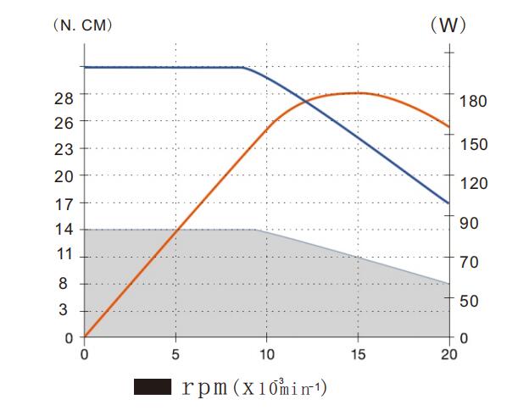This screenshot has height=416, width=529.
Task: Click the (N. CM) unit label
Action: point(82,25)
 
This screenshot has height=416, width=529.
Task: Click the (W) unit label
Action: point(448,25)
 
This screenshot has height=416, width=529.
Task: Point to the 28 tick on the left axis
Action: point(64,97)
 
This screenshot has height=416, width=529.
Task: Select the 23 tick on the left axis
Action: point(64,149)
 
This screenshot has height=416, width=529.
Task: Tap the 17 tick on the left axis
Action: point(64,203)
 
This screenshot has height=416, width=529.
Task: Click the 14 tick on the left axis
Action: point(64,230)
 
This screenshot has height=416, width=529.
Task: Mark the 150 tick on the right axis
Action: point(473,145)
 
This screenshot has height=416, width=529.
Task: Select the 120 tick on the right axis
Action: point(473,184)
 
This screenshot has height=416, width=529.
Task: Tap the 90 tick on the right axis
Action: point(470,223)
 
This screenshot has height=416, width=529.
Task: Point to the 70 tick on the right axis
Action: point(470,263)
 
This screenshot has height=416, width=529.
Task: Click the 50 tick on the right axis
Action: point(470,302)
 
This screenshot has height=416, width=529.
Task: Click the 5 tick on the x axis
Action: point(175,354)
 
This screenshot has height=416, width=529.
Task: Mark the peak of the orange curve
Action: point(357,92)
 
